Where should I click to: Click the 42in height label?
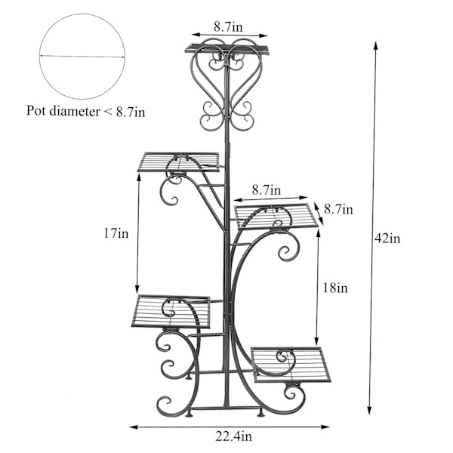[x=387, y=239]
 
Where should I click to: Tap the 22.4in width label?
[x=234, y=436]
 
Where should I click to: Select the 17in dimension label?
[x=116, y=233]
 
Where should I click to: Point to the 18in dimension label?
[x=335, y=288]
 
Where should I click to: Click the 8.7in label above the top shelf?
[x=228, y=26]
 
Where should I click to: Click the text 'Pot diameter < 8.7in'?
[x=86, y=111]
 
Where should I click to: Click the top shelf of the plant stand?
[x=226, y=49]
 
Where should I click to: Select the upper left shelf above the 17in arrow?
[x=178, y=162]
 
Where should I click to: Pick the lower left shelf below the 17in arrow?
[x=171, y=311]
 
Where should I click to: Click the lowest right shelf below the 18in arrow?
[x=291, y=365]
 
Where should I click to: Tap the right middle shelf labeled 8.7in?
[x=276, y=216]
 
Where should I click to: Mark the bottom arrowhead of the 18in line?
[x=317, y=341]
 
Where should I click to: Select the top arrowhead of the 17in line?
[x=139, y=178]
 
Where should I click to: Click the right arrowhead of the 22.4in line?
[x=325, y=427]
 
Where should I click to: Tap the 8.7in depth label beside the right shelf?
[x=338, y=209]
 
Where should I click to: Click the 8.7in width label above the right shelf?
[x=267, y=190]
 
